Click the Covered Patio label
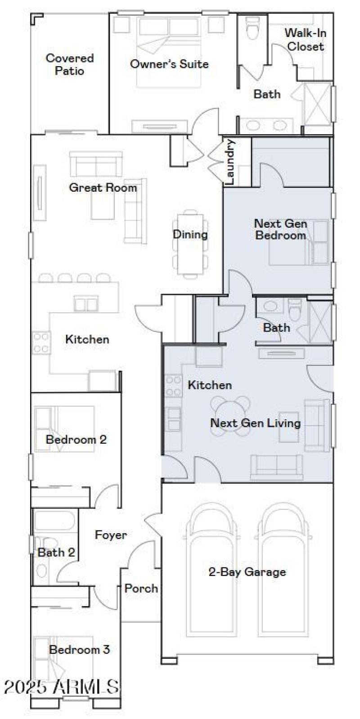click(70, 64)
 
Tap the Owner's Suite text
click(169, 64)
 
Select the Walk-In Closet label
click(306, 40)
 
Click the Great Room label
click(103, 188)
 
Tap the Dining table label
click(190, 234)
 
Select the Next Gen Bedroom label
click(281, 229)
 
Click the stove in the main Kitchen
click(40, 342)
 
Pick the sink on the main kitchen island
click(86, 302)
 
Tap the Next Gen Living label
click(255, 423)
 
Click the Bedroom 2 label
click(76, 439)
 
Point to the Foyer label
click(111, 535)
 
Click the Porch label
click(141, 588)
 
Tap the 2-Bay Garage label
click(247, 572)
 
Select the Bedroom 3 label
click(79, 649)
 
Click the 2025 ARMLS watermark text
click(61, 687)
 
